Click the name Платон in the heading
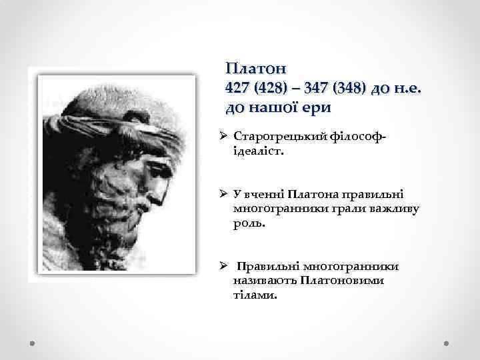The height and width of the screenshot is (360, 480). point(256,69)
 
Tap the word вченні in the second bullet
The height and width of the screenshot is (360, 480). point(263,195)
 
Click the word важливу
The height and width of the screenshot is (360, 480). point(398,209)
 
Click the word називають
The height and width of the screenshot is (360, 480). point(266,280)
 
